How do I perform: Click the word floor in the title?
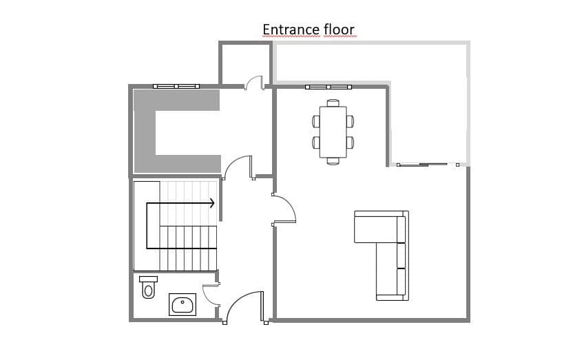pyautogui.click(x=339, y=30)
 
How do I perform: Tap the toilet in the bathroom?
pyautogui.click(x=148, y=287)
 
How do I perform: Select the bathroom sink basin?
pyautogui.click(x=183, y=304)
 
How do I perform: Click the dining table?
pyautogui.click(x=333, y=131)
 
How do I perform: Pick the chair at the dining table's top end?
pyautogui.click(x=333, y=103)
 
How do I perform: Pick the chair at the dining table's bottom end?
pyautogui.click(x=333, y=161)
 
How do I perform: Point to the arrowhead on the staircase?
pyautogui.click(x=212, y=203)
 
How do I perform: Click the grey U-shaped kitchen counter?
pyautogui.click(x=145, y=131)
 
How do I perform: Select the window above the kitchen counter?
pyautogui.click(x=176, y=87)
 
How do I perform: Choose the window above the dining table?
pyautogui.click(x=328, y=87)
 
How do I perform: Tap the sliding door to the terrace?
pyautogui.click(x=428, y=165)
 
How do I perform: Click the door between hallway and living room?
pyautogui.click(x=284, y=209)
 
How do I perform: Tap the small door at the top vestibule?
pyautogui.click(x=254, y=83)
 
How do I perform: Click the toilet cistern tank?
pyautogui.click(x=148, y=279)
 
